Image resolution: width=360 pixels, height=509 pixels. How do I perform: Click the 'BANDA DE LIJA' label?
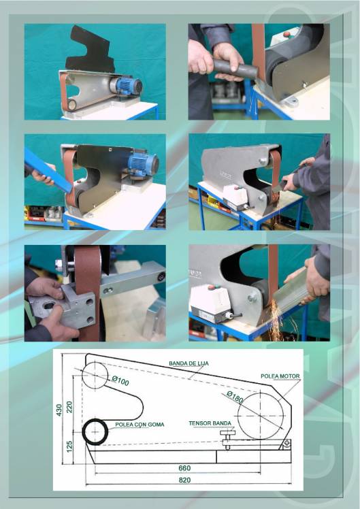click(189, 363)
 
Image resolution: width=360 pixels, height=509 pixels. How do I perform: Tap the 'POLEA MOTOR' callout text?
click(280, 376)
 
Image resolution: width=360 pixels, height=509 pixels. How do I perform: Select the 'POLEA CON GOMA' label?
click(140, 425)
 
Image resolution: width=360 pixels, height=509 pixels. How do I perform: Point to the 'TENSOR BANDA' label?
click(210, 423)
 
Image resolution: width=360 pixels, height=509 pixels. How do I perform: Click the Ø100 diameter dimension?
click(120, 380)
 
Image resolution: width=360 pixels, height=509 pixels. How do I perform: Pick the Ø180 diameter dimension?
click(235, 397)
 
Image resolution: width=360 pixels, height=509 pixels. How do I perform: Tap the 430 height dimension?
click(59, 410)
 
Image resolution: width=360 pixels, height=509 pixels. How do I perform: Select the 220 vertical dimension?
click(69, 407)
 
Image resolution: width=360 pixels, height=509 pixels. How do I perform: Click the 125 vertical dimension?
click(69, 446)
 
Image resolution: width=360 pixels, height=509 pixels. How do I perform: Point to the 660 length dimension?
click(184, 468)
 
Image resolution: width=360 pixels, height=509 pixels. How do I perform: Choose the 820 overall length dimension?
click(184, 480)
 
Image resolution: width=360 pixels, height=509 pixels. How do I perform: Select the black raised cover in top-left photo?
click(90, 50)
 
